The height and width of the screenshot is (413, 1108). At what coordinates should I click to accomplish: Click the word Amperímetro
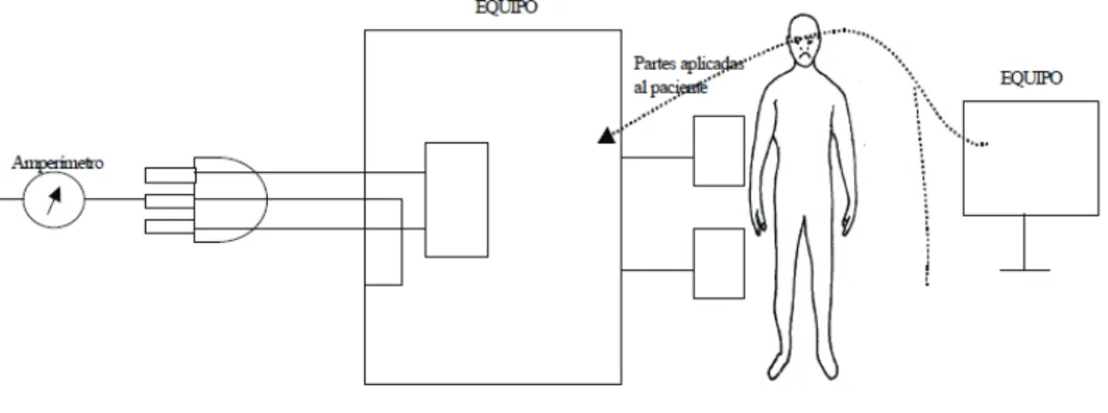point(58,163)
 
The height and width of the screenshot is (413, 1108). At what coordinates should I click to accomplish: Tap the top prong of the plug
point(170,175)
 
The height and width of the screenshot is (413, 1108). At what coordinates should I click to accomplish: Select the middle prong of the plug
point(170,201)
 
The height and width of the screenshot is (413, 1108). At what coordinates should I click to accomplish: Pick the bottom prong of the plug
point(170,227)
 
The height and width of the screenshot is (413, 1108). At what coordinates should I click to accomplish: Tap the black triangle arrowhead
point(607,136)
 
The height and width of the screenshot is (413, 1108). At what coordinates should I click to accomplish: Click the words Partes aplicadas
point(688,63)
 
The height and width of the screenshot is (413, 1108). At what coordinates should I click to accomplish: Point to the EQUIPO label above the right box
point(1031,78)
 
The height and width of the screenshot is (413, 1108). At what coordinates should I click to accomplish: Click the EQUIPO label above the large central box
point(506,7)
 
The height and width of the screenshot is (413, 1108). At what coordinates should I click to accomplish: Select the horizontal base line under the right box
point(1024,270)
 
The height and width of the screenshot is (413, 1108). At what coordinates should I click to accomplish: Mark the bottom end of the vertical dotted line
point(928,285)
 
